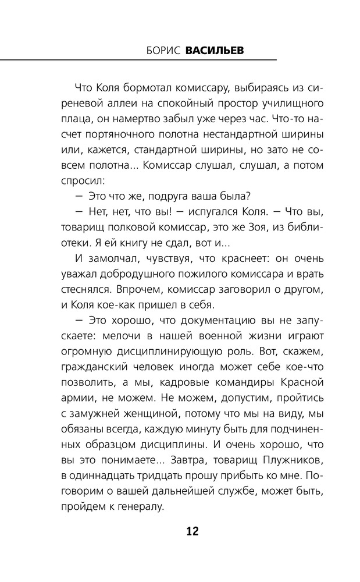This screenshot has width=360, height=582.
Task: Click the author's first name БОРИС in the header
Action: (164, 51)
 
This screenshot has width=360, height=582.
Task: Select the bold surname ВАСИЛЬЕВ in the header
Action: (215, 51)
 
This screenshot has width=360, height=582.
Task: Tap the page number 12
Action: (193, 531)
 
